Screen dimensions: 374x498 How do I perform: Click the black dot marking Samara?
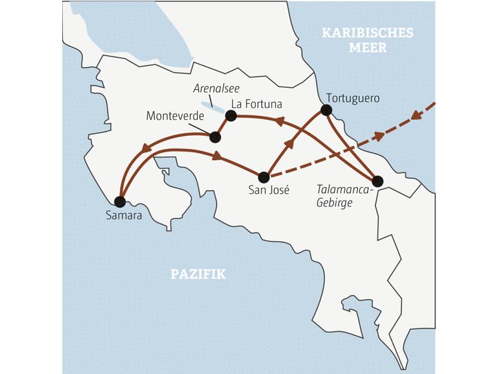pyautogui.click(x=120, y=202)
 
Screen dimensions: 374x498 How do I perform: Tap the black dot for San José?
pyautogui.click(x=264, y=177)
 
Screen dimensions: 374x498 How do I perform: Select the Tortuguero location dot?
pyautogui.click(x=326, y=110)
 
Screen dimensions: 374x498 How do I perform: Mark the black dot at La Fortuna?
pyautogui.click(x=231, y=115)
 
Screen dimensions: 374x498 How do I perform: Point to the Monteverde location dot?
pyautogui.click(x=215, y=137)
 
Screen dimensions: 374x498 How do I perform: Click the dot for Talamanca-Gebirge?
pyautogui.click(x=377, y=181)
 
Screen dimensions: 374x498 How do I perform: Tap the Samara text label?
pyautogui.click(x=123, y=216)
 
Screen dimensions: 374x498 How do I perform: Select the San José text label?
pyautogui.click(x=269, y=191)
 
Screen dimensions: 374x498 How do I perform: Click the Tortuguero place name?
pyautogui.click(x=352, y=98)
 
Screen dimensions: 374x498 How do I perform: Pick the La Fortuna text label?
pyautogui.click(x=256, y=103)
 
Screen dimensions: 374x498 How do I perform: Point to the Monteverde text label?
pyautogui.click(x=176, y=116)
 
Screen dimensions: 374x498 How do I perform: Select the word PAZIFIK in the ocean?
pyautogui.click(x=198, y=274)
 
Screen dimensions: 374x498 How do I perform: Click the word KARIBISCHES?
pyautogui.click(x=367, y=33)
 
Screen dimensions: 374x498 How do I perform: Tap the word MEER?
pyautogui.click(x=367, y=48)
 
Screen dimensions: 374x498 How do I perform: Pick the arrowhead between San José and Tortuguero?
pyautogui.click(x=289, y=145)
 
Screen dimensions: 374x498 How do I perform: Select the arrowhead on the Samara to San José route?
pyautogui.click(x=218, y=156)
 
